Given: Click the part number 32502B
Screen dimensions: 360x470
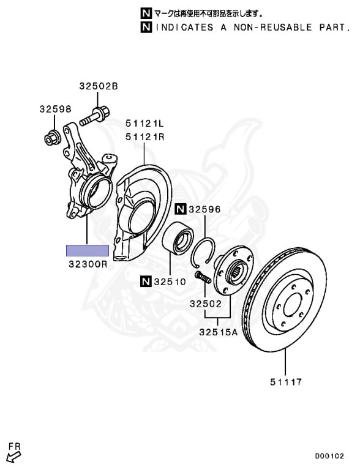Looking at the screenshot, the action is tap(99, 86).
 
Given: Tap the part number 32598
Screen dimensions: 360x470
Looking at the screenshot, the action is tap(56, 109).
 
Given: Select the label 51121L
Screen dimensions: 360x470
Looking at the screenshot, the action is tap(144, 123).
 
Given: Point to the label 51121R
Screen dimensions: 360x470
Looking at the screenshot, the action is tap(144, 137).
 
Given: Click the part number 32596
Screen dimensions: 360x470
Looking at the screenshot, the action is tap(204, 209).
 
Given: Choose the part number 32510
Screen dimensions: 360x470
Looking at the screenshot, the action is tap(170, 282).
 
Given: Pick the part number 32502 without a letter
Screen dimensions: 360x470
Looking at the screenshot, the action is tap(206, 304).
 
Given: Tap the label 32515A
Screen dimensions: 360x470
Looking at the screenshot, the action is tap(218, 332).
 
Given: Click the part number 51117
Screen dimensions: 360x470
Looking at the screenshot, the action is tap(286, 382).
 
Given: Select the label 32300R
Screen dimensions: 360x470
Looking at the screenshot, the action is tap(88, 264).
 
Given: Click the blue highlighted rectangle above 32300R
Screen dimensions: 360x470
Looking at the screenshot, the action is tap(88, 250).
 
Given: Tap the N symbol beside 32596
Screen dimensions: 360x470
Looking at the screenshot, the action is tap(181, 209).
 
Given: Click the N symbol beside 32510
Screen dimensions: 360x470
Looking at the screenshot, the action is tap(146, 282).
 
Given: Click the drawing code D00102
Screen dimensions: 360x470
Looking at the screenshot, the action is tap(329, 456).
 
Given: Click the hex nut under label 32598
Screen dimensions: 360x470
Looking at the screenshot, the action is tap(53, 137).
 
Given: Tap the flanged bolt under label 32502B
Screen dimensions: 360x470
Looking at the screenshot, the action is tap(94, 116).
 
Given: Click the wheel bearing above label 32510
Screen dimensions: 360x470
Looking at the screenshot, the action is tap(178, 239).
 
